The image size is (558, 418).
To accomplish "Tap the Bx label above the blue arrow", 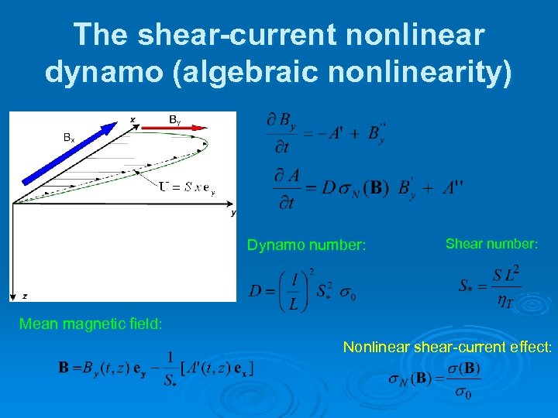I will click(69, 138).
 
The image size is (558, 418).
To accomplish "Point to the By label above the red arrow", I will click(176, 119).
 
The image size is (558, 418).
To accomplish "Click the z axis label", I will click(25, 296).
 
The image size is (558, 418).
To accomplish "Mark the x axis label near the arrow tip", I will click(133, 119).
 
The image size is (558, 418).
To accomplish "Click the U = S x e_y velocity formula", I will click(187, 187).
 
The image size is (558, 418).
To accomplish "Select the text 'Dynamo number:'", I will click(306, 245).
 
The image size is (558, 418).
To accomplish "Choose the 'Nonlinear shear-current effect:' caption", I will click(447, 348).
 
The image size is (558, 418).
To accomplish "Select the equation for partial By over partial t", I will click(325, 133).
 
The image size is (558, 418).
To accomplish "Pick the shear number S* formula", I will click(489, 287).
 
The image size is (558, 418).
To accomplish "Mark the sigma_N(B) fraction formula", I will click(435, 381).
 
